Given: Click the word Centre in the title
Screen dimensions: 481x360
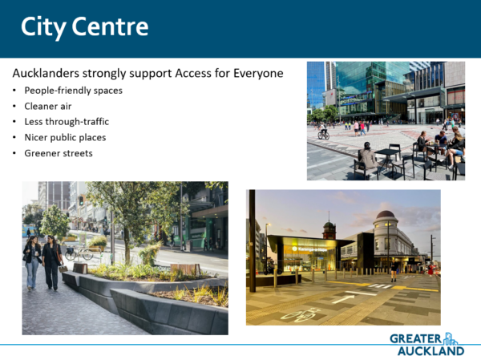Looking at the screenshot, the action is click(110, 26).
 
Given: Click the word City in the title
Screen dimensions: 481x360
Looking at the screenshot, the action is click(43, 27).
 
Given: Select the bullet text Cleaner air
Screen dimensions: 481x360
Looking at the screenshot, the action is click(48, 106).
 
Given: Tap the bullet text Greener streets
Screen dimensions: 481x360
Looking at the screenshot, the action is click(59, 153).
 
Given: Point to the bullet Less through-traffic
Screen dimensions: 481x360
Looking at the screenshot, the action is click(67, 122).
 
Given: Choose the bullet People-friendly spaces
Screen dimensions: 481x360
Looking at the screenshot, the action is click(73, 91).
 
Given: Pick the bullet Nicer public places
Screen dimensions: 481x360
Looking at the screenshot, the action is click(65, 137).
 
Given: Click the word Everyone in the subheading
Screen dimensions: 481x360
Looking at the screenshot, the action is click(258, 74).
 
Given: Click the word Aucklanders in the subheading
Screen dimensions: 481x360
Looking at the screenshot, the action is click(46, 73).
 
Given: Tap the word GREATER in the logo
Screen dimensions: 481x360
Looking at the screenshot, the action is click(415, 339).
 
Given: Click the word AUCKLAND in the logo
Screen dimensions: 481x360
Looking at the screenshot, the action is click(431, 351).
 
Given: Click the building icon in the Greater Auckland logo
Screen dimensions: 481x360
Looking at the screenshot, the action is click(451, 338).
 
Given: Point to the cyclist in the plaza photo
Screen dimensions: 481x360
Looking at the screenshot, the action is click(323, 131).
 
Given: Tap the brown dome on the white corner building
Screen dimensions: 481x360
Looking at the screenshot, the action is click(386, 214).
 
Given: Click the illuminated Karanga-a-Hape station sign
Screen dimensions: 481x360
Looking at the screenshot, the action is click(309, 249).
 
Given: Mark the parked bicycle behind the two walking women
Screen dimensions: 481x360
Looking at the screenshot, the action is click(79, 253).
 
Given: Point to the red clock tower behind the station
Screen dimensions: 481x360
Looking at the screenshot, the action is click(329, 229).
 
